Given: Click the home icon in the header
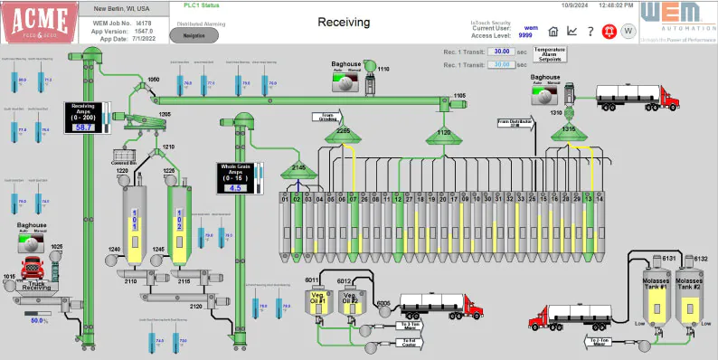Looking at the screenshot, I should pos(553,33).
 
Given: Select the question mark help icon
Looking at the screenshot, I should pos(590,33).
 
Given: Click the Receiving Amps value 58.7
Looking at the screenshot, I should pos(84,128).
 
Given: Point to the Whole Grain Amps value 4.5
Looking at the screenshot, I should pos(236,187).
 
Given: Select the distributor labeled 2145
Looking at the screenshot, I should pos(298,169).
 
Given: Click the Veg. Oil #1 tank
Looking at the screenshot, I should pos(317,304).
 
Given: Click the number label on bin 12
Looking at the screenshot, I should pos(398,198).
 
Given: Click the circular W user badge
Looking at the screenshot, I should pos(629,33).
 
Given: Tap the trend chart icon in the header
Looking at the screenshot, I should pos(572,33).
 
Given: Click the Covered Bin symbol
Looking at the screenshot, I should pos(122,156).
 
